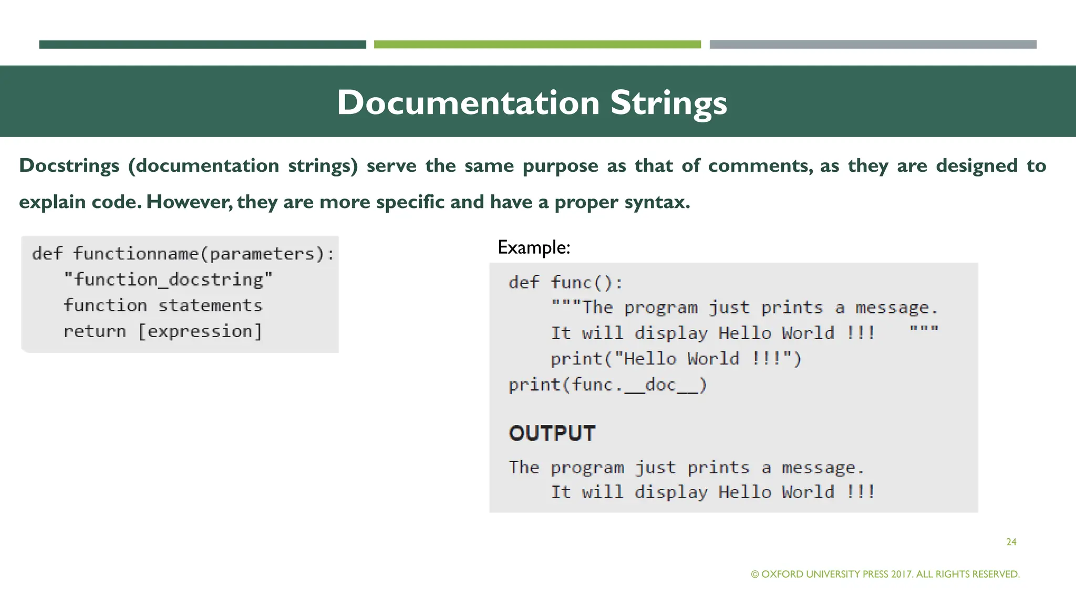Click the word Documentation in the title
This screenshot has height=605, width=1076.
tap(468, 102)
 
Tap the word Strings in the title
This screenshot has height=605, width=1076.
tap(668, 102)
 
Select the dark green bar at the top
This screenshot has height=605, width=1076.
tap(202, 45)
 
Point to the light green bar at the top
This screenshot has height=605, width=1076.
tap(537, 45)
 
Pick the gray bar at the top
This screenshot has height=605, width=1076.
tap(873, 45)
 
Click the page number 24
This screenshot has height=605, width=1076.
tap(1011, 542)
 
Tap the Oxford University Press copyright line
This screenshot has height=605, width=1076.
tap(885, 574)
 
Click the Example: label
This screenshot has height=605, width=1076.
tap(533, 247)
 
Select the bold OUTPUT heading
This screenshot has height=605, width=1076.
tap(552, 433)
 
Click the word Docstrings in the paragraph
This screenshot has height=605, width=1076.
tap(69, 166)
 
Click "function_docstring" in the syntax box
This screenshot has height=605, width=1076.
tap(168, 279)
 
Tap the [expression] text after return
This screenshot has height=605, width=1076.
tap(200, 331)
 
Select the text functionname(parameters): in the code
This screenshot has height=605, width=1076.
tap(204, 254)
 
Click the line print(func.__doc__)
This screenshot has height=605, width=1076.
tap(607, 385)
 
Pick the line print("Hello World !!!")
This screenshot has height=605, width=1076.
tap(676, 359)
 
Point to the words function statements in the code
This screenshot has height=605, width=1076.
tap(163, 306)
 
